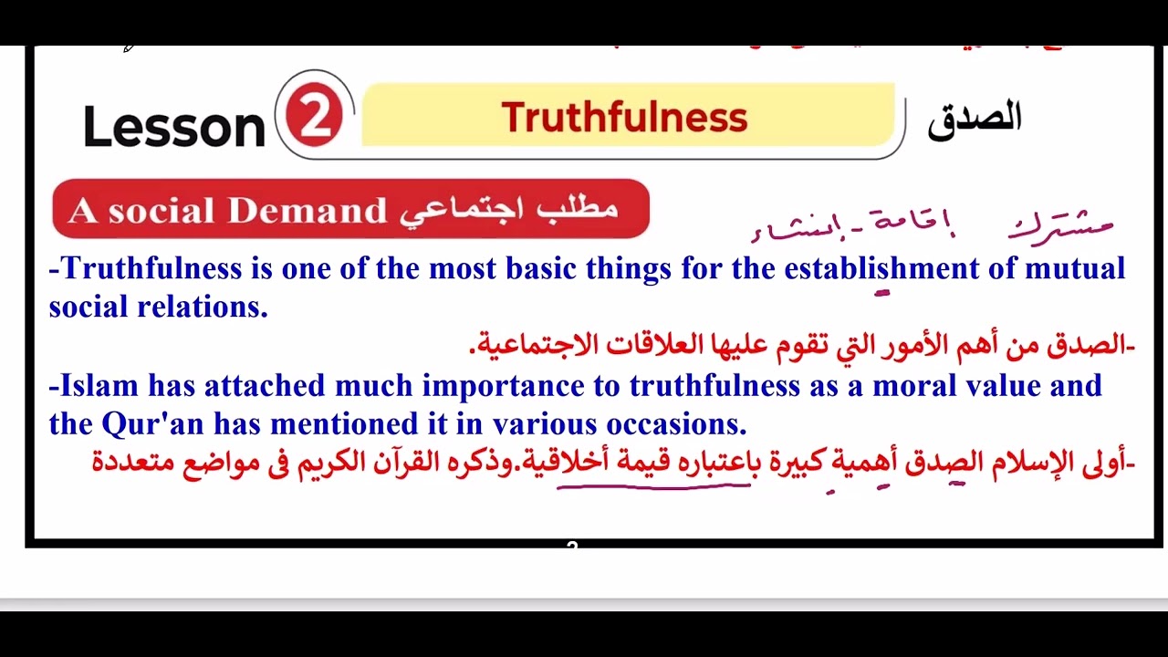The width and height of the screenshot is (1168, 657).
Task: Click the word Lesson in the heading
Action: (173, 126)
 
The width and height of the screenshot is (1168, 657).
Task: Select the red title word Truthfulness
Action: (624, 118)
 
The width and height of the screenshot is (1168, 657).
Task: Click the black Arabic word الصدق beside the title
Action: (974, 119)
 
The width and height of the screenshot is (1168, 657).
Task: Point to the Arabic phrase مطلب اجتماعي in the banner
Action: (509, 209)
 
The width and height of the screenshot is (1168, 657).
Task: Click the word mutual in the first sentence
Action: (1075, 268)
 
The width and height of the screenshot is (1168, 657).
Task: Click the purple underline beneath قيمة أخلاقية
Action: (652, 486)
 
